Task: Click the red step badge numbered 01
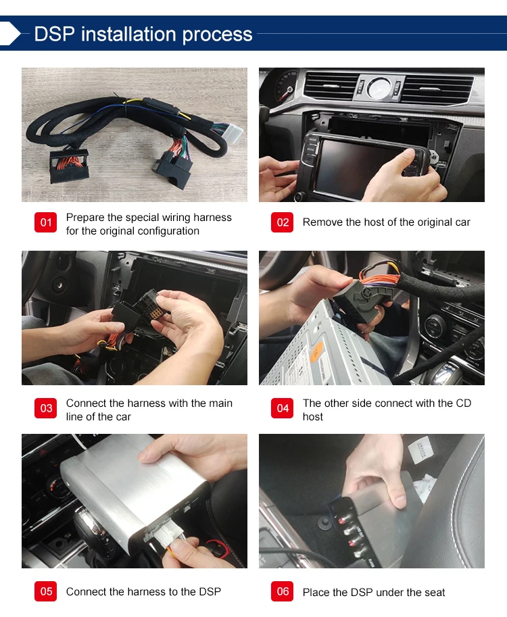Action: click(x=46, y=222)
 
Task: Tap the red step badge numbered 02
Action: click(x=283, y=222)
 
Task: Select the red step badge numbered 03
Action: click(x=46, y=408)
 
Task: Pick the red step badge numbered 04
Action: click(x=283, y=408)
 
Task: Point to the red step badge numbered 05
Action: click(x=46, y=591)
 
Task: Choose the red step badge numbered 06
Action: click(x=283, y=591)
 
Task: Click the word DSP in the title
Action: click(x=54, y=34)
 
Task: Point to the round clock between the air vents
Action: click(x=379, y=88)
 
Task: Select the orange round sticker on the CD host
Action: click(x=317, y=351)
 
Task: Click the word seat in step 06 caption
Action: click(x=434, y=592)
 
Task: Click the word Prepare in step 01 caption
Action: click(x=85, y=218)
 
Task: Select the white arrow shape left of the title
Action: click(x=10, y=33)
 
